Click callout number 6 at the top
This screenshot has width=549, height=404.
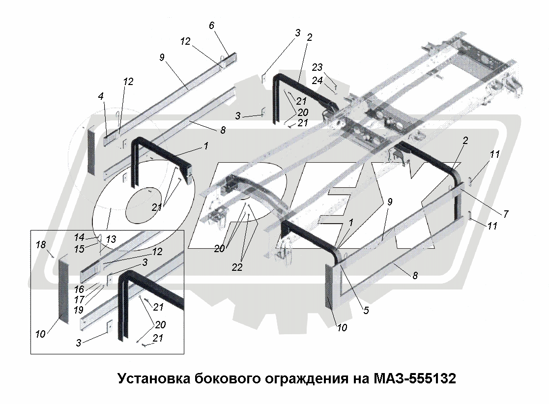(211, 26)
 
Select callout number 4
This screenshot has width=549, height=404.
(101, 96)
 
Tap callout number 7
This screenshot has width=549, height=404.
(506, 214)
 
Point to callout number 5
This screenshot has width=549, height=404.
(366, 310)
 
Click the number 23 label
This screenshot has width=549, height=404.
(317, 67)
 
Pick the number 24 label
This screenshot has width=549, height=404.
(317, 81)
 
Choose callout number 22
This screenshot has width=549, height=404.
(237, 267)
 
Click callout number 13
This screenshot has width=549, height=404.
(111, 239)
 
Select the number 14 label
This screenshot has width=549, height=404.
(79, 237)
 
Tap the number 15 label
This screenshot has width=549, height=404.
(79, 249)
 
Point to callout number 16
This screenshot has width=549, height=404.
(79, 289)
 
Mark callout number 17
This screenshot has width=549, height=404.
(79, 300)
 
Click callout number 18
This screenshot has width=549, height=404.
(41, 245)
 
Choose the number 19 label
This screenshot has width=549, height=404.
(79, 310)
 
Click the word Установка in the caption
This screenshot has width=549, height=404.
(153, 379)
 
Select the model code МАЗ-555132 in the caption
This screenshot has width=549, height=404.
(415, 379)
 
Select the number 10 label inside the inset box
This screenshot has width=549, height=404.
(40, 334)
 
